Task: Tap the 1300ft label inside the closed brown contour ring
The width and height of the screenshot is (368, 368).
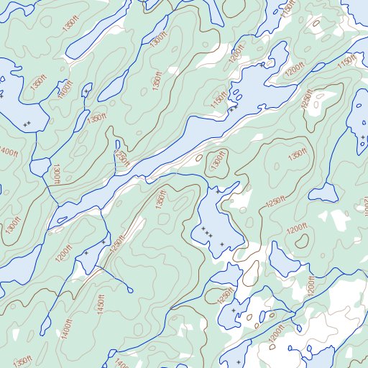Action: (216, 161)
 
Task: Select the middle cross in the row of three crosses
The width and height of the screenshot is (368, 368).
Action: (208, 232)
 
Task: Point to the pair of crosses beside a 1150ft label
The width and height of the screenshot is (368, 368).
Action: (232, 109)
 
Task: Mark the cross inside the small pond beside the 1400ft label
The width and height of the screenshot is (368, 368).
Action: (86, 93)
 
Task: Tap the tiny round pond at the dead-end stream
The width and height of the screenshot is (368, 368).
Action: (129, 289)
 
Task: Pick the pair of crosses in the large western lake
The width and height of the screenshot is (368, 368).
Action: (27, 124)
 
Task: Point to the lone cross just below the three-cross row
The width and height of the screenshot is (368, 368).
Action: (221, 244)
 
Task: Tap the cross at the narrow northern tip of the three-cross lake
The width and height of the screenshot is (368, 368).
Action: (218, 192)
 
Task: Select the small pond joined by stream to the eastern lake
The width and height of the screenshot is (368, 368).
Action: (326, 193)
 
